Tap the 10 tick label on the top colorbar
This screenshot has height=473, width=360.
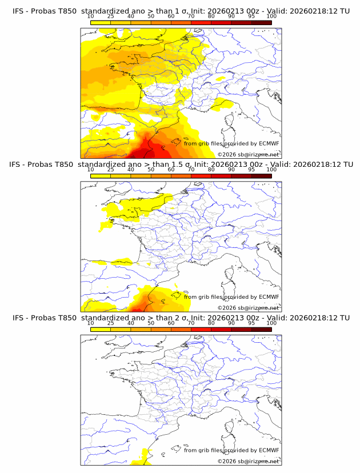pyautogui.click(x=90, y=17)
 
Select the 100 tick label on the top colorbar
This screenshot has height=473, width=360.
pyautogui.click(x=271, y=17)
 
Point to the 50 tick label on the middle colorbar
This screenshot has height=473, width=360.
pyautogui.click(x=151, y=170)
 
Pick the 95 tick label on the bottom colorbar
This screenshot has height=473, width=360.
pyautogui.click(x=251, y=323)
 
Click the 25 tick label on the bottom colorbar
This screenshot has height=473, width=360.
pyautogui.click(x=111, y=323)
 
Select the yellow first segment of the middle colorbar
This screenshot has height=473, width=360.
pyautogui.click(x=101, y=176)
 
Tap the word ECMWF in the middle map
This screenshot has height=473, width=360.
pyautogui.click(x=269, y=296)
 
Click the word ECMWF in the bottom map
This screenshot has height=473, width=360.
pyautogui.click(x=269, y=450)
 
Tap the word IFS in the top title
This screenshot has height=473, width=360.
pyautogui.click(x=18, y=11)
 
